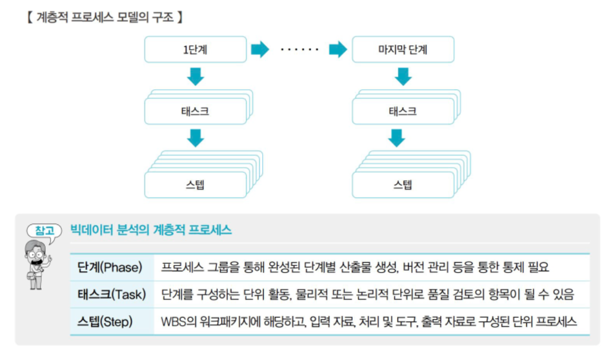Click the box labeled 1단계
click(x=195, y=49)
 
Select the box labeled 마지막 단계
click(x=402, y=49)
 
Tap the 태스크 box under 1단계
click(x=195, y=111)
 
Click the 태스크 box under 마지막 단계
click(x=402, y=111)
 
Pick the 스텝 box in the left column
click(x=195, y=184)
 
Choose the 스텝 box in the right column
click(x=402, y=184)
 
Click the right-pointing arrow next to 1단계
click(x=260, y=49)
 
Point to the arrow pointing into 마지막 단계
click(x=338, y=49)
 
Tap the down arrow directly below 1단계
click(x=196, y=76)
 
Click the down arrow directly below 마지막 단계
click(x=403, y=76)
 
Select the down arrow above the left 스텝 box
click(x=196, y=138)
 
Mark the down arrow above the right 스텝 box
click(x=403, y=138)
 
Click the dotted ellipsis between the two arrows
click(x=299, y=50)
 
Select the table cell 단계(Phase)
click(x=108, y=267)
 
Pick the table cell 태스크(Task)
click(x=112, y=295)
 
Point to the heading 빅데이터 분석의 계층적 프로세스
click(x=151, y=231)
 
